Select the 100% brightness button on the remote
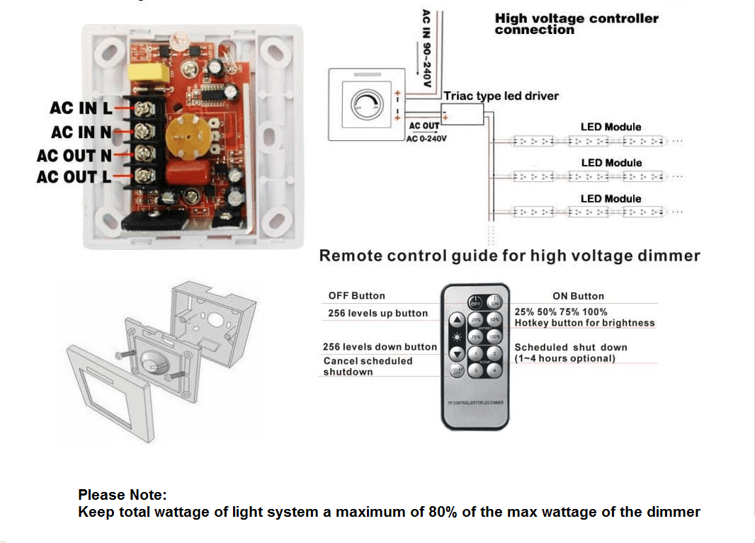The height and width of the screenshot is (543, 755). coord(495,336)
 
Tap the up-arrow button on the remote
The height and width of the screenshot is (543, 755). coord(458,319)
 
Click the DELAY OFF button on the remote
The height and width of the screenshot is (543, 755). coord(458,370)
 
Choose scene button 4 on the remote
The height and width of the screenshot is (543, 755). coord(495,370)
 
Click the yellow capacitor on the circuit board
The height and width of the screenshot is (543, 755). coord(147,74)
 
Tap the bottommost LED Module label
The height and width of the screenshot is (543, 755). coord(611,199)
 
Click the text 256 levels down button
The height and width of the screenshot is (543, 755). coord(380,347)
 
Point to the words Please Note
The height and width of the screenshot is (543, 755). coord(122,495)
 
